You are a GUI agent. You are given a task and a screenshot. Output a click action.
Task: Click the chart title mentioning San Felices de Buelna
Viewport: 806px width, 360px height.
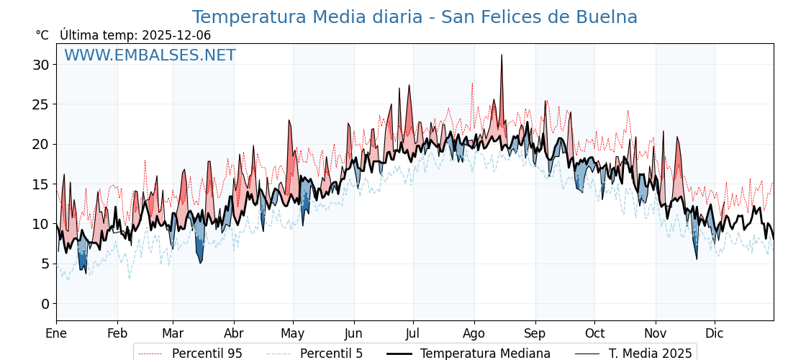[x=415, y=17]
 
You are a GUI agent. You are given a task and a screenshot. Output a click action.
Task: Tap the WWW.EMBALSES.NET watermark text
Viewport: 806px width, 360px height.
[x=150, y=55]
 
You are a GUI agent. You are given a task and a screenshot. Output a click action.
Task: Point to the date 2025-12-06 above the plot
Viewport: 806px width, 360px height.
[x=176, y=35]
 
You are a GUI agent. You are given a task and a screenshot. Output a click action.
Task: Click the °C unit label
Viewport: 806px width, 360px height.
[x=42, y=35]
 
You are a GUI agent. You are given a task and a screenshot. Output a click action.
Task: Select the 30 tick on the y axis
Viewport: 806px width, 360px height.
[x=41, y=65]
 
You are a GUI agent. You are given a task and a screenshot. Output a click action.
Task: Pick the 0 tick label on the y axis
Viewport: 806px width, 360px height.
[x=45, y=304]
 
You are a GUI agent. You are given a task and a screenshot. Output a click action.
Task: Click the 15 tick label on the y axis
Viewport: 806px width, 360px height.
[x=41, y=184]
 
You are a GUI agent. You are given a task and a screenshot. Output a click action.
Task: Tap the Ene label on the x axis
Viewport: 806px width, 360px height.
[x=56, y=333]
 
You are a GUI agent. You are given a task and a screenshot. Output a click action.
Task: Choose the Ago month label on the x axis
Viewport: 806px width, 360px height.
[x=474, y=333]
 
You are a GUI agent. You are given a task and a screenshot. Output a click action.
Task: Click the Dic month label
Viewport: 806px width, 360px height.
[x=715, y=333]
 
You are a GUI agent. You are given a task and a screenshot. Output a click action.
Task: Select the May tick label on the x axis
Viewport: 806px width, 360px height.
[x=293, y=333]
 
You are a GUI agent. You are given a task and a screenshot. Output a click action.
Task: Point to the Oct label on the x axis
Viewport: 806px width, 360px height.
[x=594, y=333]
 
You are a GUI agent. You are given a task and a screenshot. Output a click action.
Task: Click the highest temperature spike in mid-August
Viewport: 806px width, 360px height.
[x=502, y=55]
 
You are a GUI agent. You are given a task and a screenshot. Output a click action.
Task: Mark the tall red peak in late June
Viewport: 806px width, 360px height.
[x=409, y=86]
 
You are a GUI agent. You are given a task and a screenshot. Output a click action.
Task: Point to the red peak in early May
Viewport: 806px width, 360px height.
[x=289, y=122]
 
